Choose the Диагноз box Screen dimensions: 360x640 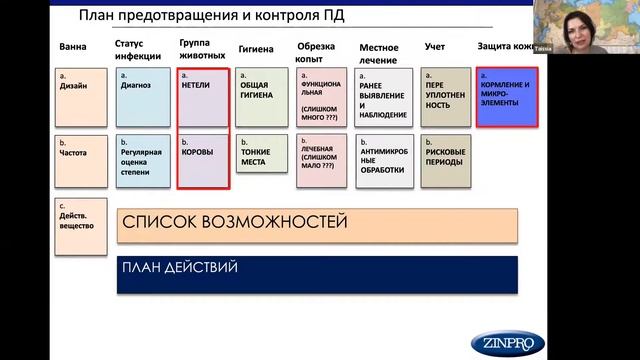tap(143, 96)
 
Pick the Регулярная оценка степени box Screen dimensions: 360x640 tap(143, 160)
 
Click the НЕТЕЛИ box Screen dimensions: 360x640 tap(204, 98)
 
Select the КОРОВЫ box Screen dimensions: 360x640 tap(204, 160)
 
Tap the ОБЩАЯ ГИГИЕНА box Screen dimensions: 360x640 tap(262, 96)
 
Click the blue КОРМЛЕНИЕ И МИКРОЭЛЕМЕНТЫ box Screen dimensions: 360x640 tap(507, 97)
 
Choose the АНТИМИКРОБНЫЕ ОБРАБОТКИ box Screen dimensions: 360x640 tap(384, 160)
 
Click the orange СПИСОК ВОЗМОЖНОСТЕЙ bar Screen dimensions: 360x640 tap(317, 225)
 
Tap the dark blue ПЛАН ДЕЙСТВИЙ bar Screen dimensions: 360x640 tap(317, 274)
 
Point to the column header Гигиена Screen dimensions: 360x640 tap(256, 48)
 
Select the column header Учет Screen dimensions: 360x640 tap(435, 47)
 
